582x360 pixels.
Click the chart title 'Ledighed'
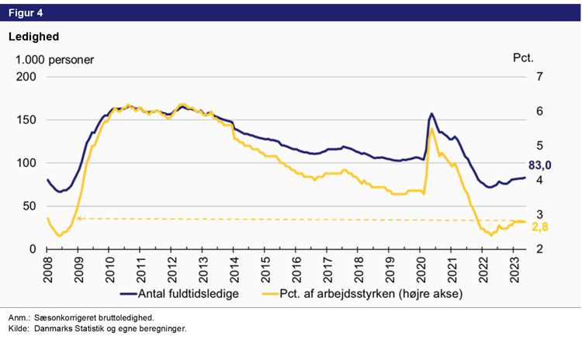click(x=33, y=36)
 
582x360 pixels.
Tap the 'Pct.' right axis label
click(x=524, y=59)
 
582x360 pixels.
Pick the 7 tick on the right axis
click(x=539, y=77)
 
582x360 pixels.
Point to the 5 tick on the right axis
click(x=539, y=146)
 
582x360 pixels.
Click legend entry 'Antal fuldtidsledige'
click(x=186, y=295)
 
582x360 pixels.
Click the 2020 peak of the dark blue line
click(x=431, y=114)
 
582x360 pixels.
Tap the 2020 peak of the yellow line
click(x=431, y=129)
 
